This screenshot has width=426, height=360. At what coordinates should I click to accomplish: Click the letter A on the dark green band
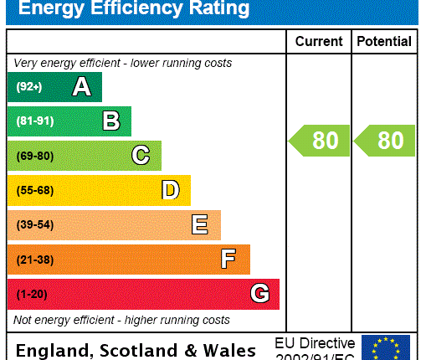pos(81,87)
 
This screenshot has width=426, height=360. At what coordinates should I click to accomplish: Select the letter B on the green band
pos(110,121)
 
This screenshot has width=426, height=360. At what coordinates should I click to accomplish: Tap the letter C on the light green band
pos(141,156)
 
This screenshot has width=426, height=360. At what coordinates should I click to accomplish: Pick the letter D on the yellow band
pos(170,190)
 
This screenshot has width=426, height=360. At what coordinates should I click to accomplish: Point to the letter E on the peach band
pos(199,224)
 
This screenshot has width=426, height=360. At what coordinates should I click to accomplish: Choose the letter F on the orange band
pos(228,260)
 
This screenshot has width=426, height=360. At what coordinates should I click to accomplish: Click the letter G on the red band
pos(259,294)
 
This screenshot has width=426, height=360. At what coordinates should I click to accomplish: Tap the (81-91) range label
pos(34,121)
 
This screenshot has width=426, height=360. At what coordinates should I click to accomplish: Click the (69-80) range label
pos(34,156)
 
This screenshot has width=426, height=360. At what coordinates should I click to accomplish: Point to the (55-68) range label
pos(34,190)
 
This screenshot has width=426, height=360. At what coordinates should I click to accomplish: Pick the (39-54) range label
pos(34,225)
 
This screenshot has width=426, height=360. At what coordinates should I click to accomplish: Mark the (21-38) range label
pos(34,260)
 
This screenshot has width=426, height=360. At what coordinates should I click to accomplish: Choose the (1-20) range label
pos(31,294)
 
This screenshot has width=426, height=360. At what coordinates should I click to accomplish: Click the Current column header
pos(318,41)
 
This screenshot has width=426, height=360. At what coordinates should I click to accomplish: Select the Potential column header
pos(384,41)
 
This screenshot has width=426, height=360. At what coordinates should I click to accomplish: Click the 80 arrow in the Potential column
pos(385,140)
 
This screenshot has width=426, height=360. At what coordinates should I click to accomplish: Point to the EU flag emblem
pos(386,347)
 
